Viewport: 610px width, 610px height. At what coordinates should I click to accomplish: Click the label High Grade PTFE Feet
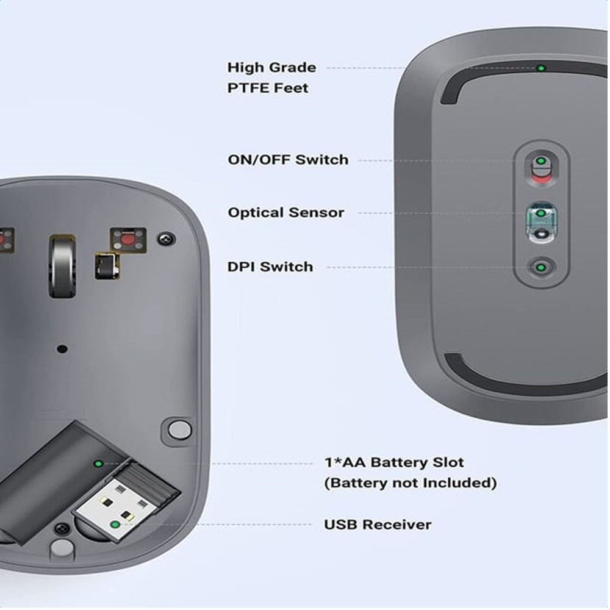pyautogui.click(x=271, y=77)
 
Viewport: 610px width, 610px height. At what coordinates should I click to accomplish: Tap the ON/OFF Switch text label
pyautogui.click(x=288, y=159)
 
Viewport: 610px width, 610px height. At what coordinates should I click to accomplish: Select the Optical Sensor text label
pyautogui.click(x=286, y=212)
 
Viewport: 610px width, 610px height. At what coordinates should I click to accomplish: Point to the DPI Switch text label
pyautogui.click(x=270, y=267)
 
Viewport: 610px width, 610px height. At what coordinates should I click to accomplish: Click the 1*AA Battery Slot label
pyautogui.click(x=394, y=462)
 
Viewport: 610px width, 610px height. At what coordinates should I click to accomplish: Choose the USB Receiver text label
pyautogui.click(x=378, y=525)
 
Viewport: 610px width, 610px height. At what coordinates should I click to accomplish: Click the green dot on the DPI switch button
pyautogui.click(x=540, y=267)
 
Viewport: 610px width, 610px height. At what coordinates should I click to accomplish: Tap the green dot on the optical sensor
pyautogui.click(x=540, y=213)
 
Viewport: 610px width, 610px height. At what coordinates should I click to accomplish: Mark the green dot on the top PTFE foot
pyautogui.click(x=540, y=68)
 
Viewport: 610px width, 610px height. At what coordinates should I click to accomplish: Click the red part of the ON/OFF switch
pyautogui.click(x=540, y=179)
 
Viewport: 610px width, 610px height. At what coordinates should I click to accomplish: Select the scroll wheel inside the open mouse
pyautogui.click(x=62, y=267)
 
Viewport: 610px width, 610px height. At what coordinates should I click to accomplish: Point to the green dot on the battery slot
pyautogui.click(x=98, y=464)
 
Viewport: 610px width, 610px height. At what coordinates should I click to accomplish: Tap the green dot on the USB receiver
pyautogui.click(x=115, y=525)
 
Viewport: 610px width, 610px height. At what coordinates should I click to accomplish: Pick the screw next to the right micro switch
pyautogui.click(x=166, y=239)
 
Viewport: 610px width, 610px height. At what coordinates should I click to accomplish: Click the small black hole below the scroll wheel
pyautogui.click(x=62, y=349)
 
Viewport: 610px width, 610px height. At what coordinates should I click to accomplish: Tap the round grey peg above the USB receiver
pyautogui.click(x=180, y=430)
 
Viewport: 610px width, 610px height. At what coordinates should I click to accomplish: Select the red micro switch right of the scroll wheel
pyautogui.click(x=128, y=240)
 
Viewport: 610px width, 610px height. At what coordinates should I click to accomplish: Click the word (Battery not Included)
pyautogui.click(x=411, y=483)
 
